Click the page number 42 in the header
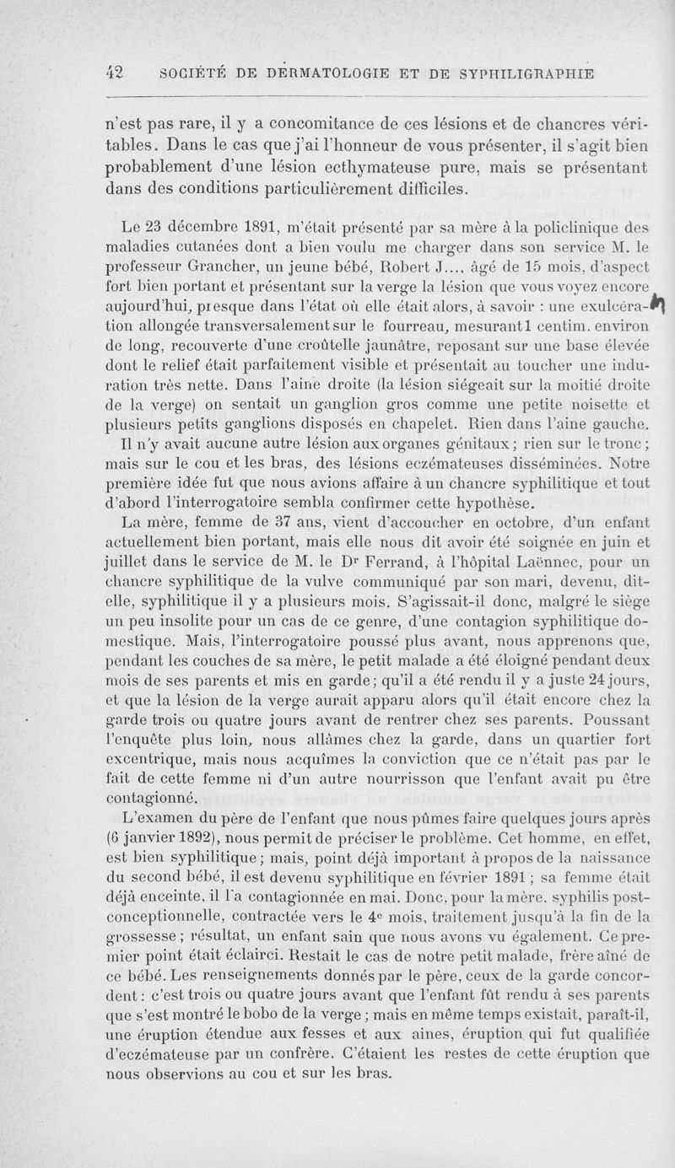[115, 73]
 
